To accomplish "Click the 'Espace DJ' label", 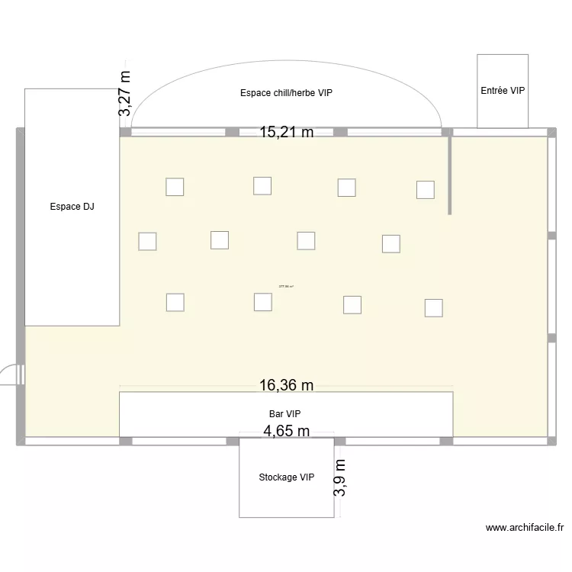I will [x=72, y=207].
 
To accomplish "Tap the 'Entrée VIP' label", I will [x=503, y=91].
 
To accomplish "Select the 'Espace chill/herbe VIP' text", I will [x=286, y=93].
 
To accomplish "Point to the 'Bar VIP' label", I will [x=284, y=413].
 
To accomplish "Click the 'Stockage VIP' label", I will [x=286, y=477].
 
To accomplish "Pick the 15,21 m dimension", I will [x=286, y=132].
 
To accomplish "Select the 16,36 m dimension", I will [x=286, y=385].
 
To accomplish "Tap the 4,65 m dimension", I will [x=286, y=431].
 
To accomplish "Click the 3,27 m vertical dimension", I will [x=124, y=94].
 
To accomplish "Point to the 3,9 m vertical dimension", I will [x=340, y=478].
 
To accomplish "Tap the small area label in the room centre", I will [x=286, y=287].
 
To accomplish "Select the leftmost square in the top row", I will [x=175, y=187].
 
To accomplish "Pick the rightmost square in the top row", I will [x=425, y=189].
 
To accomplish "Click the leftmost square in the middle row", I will [x=147, y=241].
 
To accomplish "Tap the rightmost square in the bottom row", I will [x=433, y=308].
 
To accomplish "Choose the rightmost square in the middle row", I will [x=390, y=243].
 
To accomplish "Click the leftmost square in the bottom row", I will [x=175, y=302].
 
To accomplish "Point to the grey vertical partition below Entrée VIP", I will [x=450, y=174].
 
